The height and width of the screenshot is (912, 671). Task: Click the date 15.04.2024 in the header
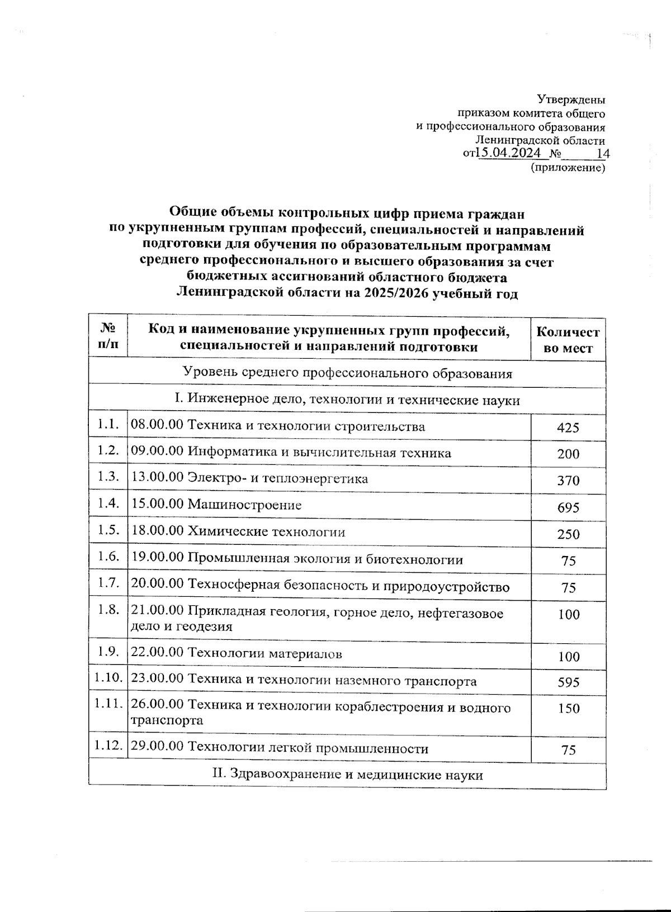pyautogui.click(x=508, y=153)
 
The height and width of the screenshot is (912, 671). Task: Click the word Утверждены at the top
pyautogui.click(x=571, y=100)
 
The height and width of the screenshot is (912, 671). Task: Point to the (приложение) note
pyautogui.click(x=568, y=167)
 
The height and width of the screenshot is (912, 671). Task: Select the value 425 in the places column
pyautogui.click(x=568, y=428)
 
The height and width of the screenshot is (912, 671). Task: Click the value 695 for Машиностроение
pyautogui.click(x=568, y=508)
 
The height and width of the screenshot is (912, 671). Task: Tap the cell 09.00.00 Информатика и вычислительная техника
pyautogui.click(x=291, y=453)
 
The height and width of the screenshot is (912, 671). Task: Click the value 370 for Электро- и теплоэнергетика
pyautogui.click(x=568, y=481)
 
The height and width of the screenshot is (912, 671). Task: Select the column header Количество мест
pyautogui.click(x=568, y=340)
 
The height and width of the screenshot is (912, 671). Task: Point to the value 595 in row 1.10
pyautogui.click(x=568, y=682)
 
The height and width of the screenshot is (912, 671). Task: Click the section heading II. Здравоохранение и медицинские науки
pyautogui.click(x=347, y=775)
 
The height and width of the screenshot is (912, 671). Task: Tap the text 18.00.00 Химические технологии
pyautogui.click(x=238, y=532)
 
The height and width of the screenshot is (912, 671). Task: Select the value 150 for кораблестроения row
pyautogui.click(x=568, y=709)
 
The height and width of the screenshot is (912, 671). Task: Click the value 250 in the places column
pyautogui.click(x=568, y=534)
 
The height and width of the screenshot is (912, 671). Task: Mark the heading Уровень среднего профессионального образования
pyautogui.click(x=347, y=373)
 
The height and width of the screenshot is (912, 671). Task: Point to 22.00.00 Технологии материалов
pyautogui.click(x=236, y=653)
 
